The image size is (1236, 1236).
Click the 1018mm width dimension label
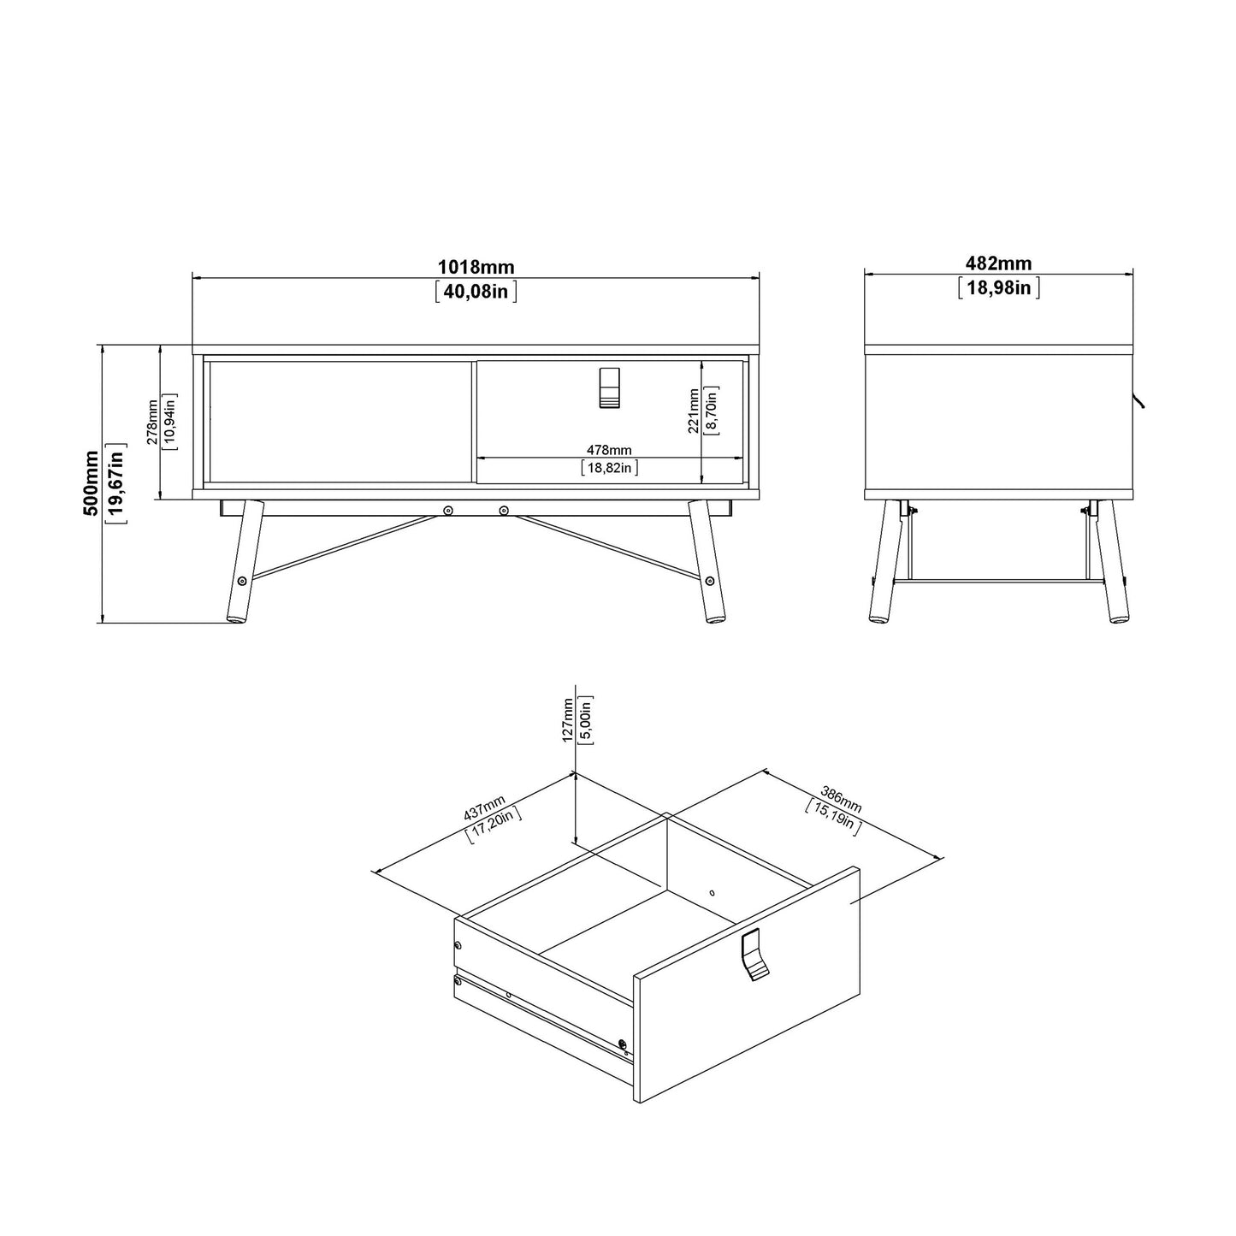(x=476, y=269)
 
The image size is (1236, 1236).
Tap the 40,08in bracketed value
(x=476, y=292)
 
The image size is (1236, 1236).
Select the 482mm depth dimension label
(x=998, y=263)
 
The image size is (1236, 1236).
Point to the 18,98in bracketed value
(x=998, y=287)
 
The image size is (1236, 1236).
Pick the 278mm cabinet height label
(x=151, y=423)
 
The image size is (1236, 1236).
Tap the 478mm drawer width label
(x=609, y=450)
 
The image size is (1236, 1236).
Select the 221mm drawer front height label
(x=694, y=411)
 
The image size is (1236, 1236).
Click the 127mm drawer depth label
(x=569, y=721)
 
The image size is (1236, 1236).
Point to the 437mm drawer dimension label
(x=485, y=808)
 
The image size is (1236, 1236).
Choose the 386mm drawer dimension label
(x=841, y=799)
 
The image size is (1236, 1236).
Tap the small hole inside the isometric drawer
(x=712, y=892)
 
